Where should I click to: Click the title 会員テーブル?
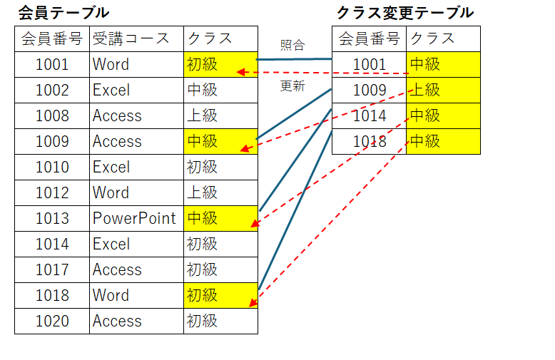point(63,13)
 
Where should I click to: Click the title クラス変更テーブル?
point(404,13)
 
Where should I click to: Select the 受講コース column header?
point(136,38)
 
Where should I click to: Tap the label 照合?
point(292,45)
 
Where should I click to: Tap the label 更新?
point(292,86)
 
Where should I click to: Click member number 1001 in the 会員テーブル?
point(52,64)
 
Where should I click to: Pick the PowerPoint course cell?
point(134,218)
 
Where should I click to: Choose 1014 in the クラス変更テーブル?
point(369,115)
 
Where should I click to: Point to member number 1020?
point(52,321)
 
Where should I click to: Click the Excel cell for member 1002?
point(111,90)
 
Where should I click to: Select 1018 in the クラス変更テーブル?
point(369,141)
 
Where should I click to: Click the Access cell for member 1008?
point(117,115)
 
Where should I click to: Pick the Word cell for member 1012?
point(111,192)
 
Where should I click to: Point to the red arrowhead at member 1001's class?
point(240,72)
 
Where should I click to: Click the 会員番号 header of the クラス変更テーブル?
point(369,38)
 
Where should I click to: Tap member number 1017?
point(52,269)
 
